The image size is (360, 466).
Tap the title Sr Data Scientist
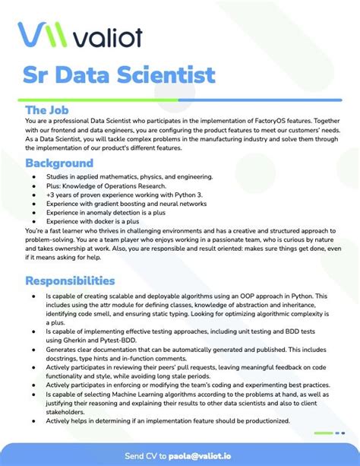(x=117, y=77)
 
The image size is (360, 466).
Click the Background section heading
(x=59, y=163)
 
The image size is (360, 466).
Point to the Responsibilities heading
(x=70, y=281)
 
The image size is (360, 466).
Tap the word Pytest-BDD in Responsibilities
(x=138, y=341)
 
